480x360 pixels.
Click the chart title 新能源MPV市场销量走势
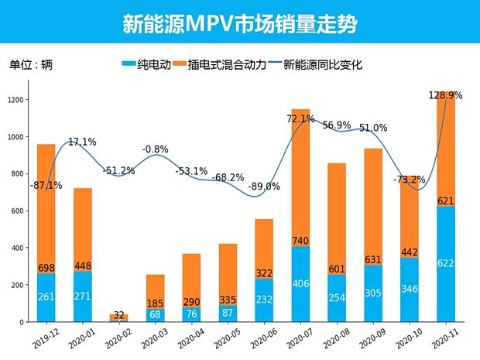point(240,23)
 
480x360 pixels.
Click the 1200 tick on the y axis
point(15,100)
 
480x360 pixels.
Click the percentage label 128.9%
point(445,95)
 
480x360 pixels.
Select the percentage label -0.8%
point(155,149)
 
